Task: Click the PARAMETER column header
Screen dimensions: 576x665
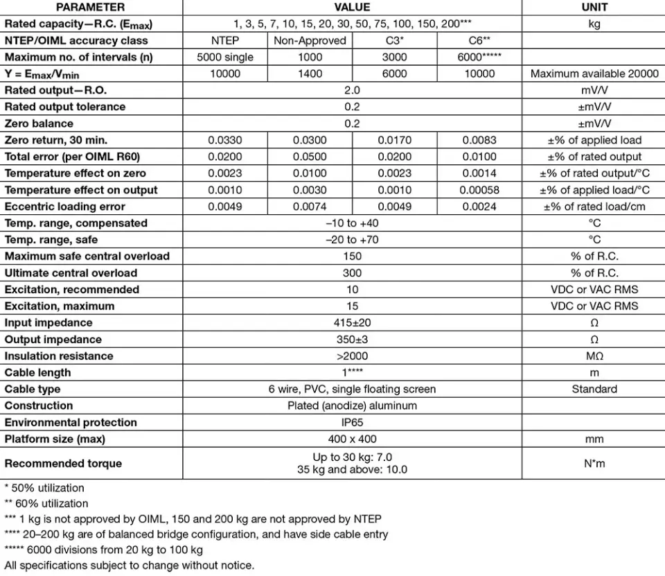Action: click(x=90, y=8)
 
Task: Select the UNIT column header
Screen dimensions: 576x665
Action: click(x=594, y=8)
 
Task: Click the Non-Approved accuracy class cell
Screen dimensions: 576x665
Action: click(x=310, y=41)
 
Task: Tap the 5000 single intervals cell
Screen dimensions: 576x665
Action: click(x=225, y=58)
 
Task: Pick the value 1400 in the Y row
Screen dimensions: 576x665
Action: click(x=310, y=74)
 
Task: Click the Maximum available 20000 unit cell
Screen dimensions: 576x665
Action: click(x=594, y=74)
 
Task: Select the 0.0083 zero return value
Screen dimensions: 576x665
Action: click(x=479, y=140)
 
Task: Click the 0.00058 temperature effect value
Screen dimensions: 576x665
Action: click(x=479, y=190)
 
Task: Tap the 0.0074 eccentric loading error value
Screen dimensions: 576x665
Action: click(x=310, y=207)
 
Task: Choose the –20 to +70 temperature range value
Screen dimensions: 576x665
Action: click(x=352, y=240)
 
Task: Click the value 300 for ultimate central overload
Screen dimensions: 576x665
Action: click(x=352, y=273)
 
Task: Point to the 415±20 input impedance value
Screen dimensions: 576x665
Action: click(x=352, y=323)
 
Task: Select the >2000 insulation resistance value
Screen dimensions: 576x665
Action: click(x=352, y=356)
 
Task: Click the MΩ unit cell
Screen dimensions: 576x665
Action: click(x=594, y=356)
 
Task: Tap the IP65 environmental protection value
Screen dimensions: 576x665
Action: click(x=352, y=423)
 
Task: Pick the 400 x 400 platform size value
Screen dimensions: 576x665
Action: click(x=352, y=439)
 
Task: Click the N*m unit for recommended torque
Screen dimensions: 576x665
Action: click(x=594, y=464)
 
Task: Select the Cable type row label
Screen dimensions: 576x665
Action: click(x=33, y=390)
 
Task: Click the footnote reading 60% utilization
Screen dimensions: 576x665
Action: click(x=46, y=503)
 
